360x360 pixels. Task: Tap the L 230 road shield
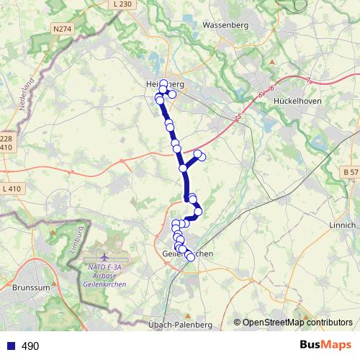click(x=123, y=4)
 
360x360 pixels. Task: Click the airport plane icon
click(x=105, y=256)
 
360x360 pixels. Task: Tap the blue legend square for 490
click(x=10, y=346)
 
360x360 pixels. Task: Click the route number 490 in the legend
click(x=30, y=346)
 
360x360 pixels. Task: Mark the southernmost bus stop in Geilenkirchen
click(x=190, y=257)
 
